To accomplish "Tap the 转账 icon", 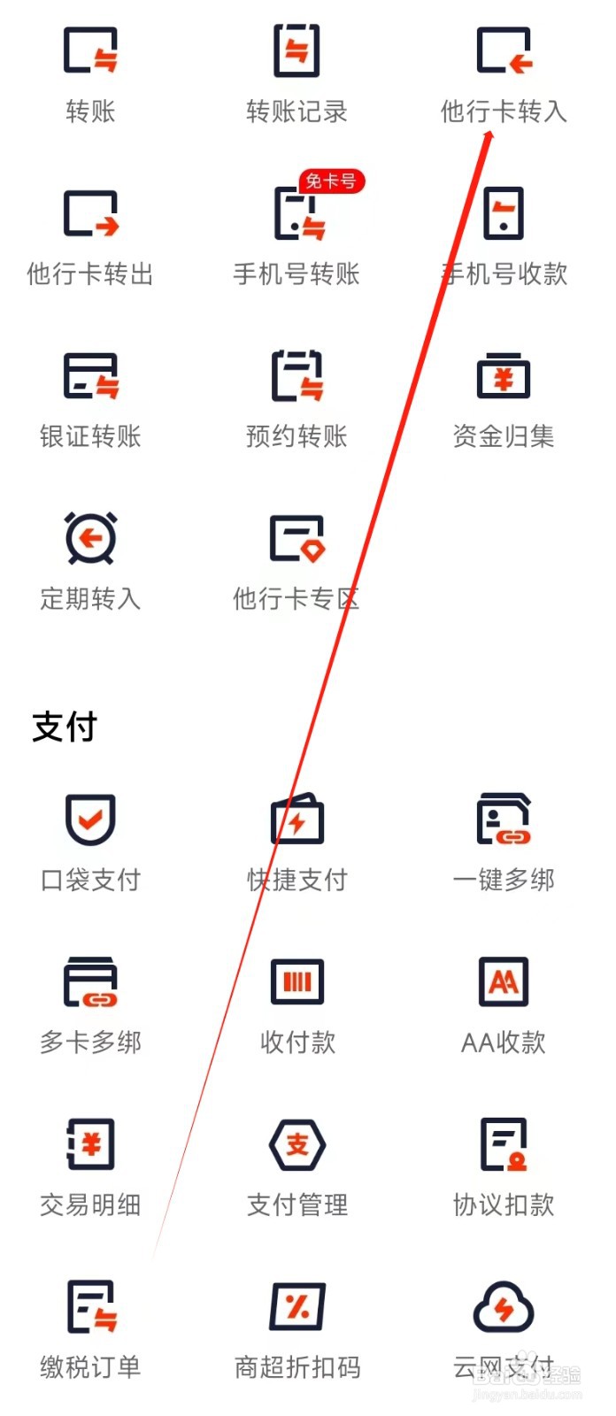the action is click(x=90, y=50).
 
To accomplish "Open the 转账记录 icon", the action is click(x=296, y=50).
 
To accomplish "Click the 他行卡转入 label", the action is click(x=504, y=112).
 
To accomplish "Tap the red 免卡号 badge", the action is click(x=331, y=181).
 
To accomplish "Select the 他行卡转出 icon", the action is click(x=90, y=214).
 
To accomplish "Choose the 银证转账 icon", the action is click(x=90, y=376).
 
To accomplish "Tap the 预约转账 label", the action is click(x=296, y=436).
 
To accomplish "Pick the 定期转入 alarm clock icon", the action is click(x=90, y=538).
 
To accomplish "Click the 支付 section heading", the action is click(x=65, y=727).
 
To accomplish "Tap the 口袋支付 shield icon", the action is click(x=90, y=820).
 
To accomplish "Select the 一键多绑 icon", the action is click(x=504, y=820).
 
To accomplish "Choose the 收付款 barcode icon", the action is click(x=296, y=981).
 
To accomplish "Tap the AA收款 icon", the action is click(x=504, y=981).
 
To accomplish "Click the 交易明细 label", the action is click(x=90, y=1204).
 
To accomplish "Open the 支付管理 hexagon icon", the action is click(x=296, y=1144).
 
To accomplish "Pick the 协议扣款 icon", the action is click(x=504, y=1144).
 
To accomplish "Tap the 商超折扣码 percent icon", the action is click(x=296, y=1307).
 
